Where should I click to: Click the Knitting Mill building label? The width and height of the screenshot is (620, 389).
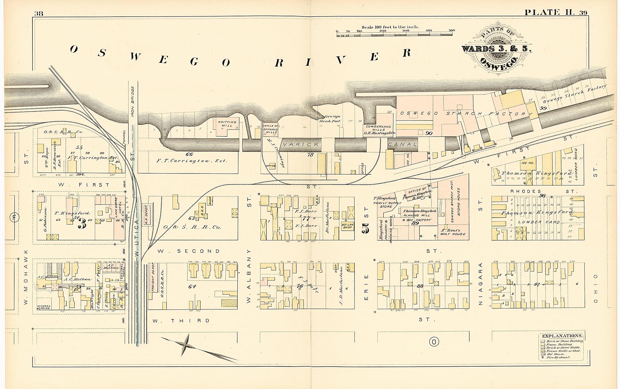click(x=227, y=124)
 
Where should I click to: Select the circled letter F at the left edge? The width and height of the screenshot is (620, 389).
click(x=14, y=217)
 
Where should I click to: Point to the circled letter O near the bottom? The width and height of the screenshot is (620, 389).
click(x=434, y=342)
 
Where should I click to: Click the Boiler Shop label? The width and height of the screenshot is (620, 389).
click(x=347, y=226)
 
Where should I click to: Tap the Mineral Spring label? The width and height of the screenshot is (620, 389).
click(x=44, y=307)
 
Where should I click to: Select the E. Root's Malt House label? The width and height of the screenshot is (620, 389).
click(x=453, y=232)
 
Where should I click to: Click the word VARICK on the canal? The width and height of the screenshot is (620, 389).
click(x=301, y=145)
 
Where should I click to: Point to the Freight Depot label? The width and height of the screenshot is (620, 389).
click(x=153, y=277)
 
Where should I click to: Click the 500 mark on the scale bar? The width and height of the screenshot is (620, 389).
click(x=452, y=31)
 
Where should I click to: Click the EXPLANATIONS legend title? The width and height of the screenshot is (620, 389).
click(x=562, y=336)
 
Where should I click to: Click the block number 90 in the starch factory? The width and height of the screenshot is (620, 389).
click(x=429, y=133)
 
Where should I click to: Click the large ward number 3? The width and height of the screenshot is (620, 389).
click(x=82, y=224)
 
